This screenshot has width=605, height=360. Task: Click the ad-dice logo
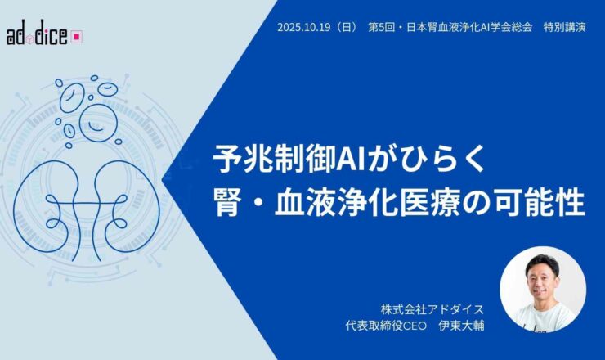(x=45, y=36)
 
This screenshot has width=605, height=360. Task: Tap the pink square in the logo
(x=77, y=36)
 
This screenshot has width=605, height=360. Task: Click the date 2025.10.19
(x=305, y=26)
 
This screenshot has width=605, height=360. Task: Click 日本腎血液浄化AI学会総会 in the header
(x=470, y=26)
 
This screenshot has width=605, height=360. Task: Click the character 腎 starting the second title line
(x=226, y=201)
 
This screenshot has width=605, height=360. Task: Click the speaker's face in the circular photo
(x=537, y=284)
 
